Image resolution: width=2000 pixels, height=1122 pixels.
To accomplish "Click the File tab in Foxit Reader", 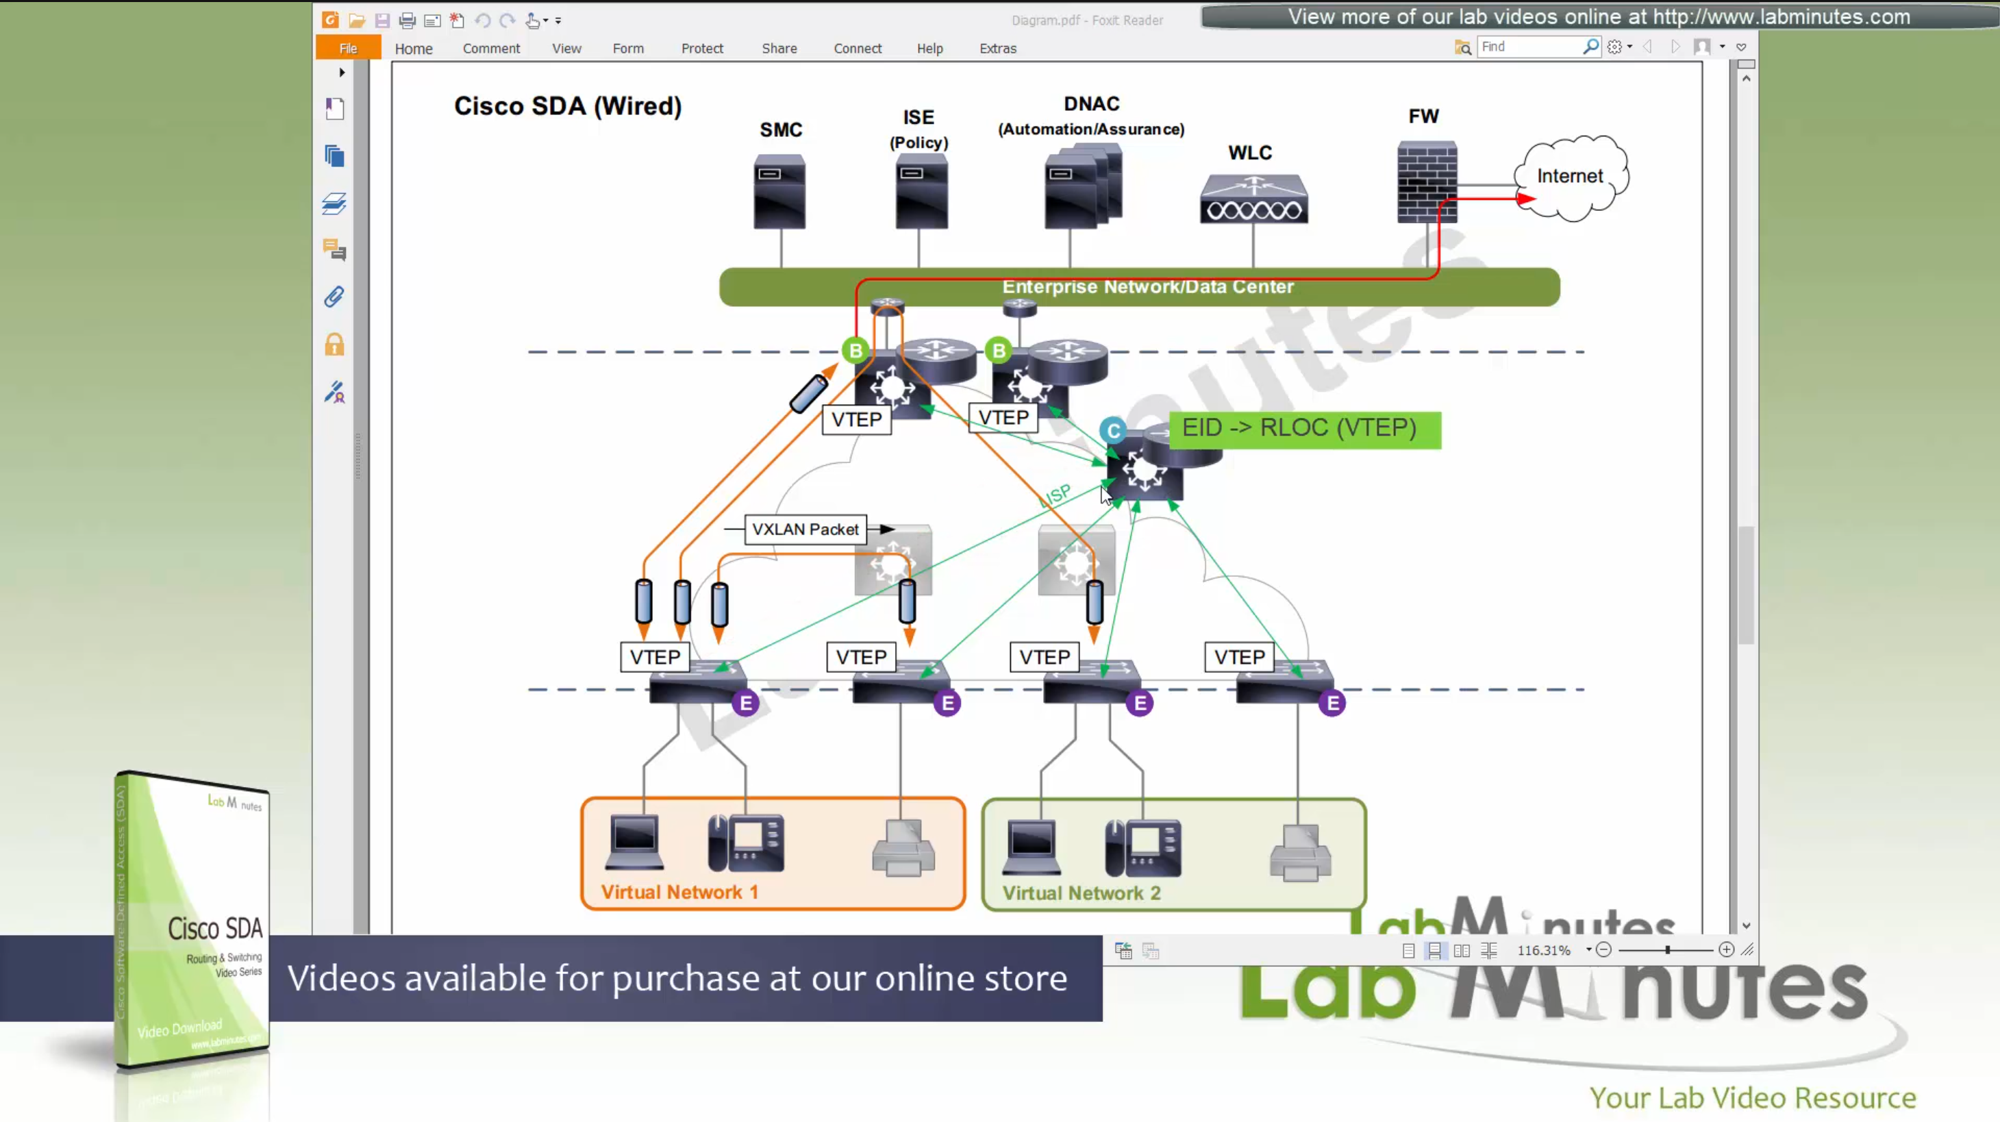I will (x=348, y=48).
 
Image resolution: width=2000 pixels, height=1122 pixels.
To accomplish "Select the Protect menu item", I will (x=702, y=48).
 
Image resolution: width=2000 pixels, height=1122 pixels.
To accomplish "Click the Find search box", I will (x=1529, y=47).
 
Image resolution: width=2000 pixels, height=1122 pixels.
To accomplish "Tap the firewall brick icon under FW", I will (x=1427, y=182).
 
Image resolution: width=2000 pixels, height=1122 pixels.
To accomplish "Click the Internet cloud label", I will (x=1570, y=176).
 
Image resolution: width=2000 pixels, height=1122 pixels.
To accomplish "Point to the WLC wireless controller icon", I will (x=1253, y=199).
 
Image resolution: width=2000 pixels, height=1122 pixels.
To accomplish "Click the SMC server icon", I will (x=779, y=192).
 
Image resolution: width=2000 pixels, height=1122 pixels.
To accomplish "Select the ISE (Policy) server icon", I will (x=921, y=192).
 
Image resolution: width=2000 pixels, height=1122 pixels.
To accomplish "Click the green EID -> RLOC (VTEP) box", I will (x=1304, y=429).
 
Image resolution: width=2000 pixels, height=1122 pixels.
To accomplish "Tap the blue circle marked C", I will (x=1112, y=431).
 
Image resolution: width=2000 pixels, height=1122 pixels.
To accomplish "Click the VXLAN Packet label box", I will (x=805, y=529).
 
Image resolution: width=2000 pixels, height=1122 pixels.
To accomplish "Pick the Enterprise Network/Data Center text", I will (x=1147, y=286).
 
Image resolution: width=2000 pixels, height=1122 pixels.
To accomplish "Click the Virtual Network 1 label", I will (x=679, y=892).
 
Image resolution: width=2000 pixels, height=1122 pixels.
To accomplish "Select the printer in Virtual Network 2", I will (x=1301, y=853).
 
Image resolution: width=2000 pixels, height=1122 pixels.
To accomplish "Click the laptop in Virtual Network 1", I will (x=634, y=842).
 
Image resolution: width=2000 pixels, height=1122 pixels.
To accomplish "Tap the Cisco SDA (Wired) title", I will (x=568, y=105).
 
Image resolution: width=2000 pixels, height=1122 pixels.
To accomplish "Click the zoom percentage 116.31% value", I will (x=1543, y=950).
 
